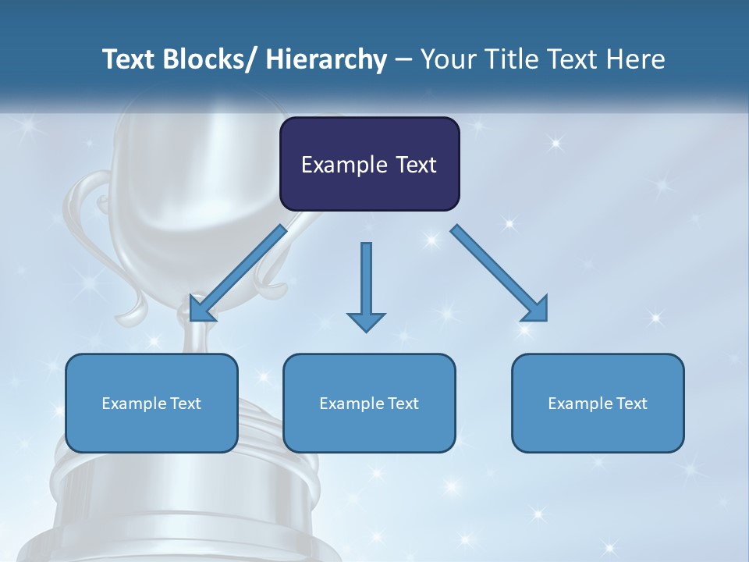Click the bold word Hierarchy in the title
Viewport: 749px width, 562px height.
326,60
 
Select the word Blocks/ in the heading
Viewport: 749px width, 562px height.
211,60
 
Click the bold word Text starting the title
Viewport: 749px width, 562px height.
130,60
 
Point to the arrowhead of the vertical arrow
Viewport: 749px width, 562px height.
366,322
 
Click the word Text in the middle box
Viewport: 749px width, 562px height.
402,404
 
